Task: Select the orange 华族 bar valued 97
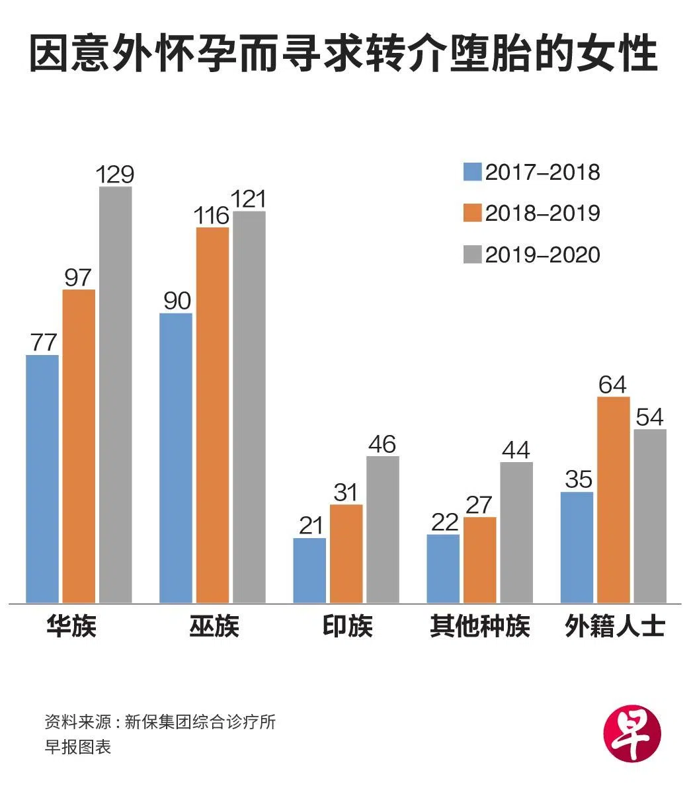click(79, 446)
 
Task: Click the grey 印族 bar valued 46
click(383, 530)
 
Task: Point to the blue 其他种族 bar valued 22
click(443, 569)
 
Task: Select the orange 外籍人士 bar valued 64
click(614, 500)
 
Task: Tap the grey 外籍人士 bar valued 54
click(650, 516)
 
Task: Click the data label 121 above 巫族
click(249, 198)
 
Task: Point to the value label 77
click(43, 342)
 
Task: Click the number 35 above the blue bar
click(578, 479)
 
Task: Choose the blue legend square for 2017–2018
click(472, 172)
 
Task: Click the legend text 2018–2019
click(542, 214)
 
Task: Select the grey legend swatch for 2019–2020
click(472, 255)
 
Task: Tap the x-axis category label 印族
click(347, 626)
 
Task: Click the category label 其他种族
click(479, 626)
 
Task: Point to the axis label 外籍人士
click(614, 626)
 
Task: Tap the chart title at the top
click(344, 54)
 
